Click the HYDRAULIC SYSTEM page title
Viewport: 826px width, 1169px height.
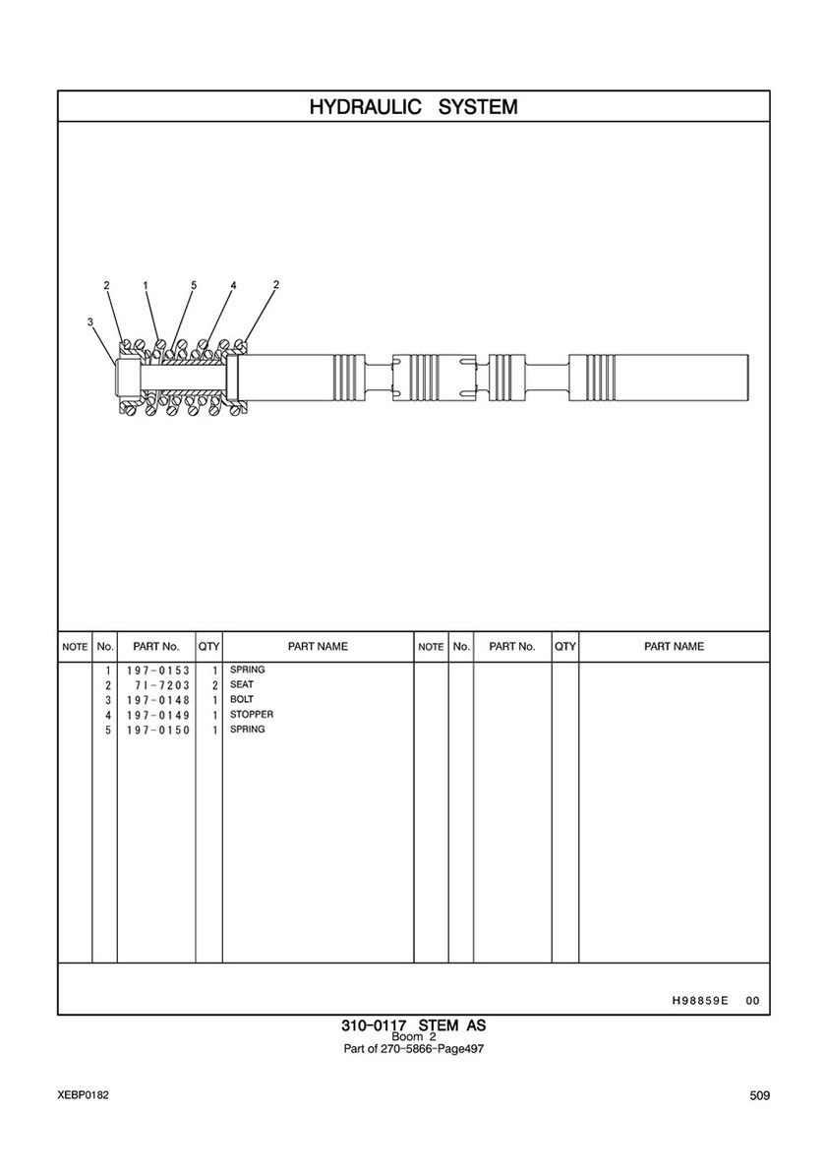(x=413, y=106)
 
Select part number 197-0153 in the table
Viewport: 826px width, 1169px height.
(x=158, y=671)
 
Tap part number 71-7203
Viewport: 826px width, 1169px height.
(x=162, y=685)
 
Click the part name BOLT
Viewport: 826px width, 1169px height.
(x=242, y=699)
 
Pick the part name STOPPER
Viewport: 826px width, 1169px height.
(x=251, y=714)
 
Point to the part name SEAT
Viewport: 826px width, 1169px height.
(x=242, y=684)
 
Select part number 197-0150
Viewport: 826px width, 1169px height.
(x=158, y=730)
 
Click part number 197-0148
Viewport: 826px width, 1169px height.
(x=158, y=700)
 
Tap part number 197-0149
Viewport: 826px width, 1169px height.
(x=158, y=715)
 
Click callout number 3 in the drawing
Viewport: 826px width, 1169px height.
(x=90, y=322)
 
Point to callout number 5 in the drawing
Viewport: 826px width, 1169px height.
(x=193, y=285)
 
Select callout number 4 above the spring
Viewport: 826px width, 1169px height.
(x=233, y=285)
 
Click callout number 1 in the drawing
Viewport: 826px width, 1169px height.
(x=146, y=285)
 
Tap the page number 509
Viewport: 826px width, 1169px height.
(x=760, y=1095)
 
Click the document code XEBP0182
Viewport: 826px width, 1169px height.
(x=82, y=1094)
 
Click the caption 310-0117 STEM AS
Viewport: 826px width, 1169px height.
(x=413, y=1025)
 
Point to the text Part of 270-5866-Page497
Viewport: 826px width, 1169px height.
(x=413, y=1049)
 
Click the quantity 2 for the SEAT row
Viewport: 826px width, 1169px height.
(x=214, y=685)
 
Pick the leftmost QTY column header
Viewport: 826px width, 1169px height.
(x=208, y=646)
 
